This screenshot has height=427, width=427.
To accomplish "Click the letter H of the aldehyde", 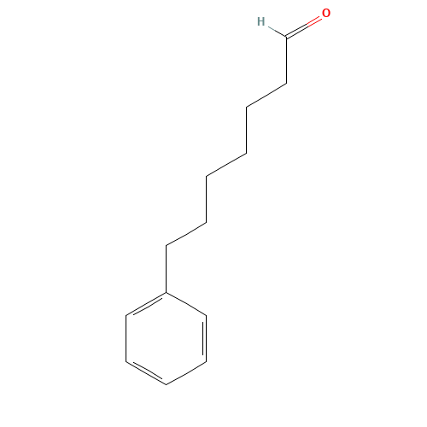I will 260,21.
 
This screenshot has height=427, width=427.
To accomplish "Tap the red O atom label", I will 326,14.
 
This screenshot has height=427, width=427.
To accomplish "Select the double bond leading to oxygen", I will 304,27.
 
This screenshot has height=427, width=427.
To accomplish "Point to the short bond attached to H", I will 275,32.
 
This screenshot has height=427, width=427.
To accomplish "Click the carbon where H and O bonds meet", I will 286,38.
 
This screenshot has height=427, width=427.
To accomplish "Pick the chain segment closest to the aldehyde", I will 266,96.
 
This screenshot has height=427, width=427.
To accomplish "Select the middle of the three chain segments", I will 226,165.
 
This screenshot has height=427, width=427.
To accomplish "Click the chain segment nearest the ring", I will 185,233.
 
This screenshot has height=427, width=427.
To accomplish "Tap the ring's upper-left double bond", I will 146,305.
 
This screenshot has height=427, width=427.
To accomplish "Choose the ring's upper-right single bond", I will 187,306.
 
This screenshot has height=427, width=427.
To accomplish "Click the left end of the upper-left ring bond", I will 126,317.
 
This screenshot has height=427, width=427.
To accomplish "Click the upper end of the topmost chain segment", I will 286,84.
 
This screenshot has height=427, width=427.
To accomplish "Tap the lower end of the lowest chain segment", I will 167,245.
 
